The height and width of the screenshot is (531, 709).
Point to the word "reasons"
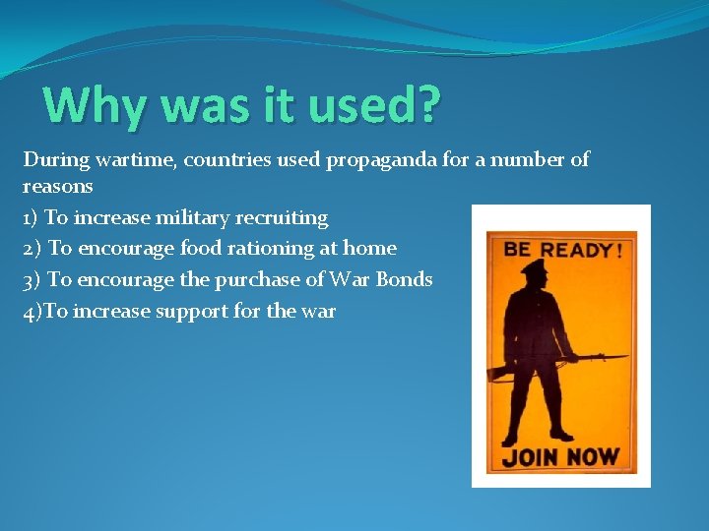click(x=58, y=186)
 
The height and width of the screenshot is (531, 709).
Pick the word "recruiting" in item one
click(x=282, y=217)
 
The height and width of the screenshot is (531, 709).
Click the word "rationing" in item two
click(x=280, y=249)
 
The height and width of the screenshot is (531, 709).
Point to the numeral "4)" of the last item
click(x=32, y=312)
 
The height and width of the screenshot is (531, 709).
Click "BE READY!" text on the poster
click(x=563, y=250)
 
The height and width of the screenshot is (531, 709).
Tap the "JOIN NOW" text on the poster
click(x=560, y=456)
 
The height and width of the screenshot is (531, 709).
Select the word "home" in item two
click(x=369, y=249)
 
